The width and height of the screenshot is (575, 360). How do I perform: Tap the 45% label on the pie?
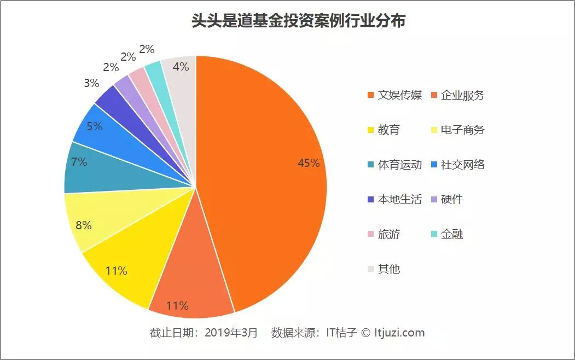click(x=308, y=163)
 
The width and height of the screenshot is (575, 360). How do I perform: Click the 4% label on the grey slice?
click(x=181, y=67)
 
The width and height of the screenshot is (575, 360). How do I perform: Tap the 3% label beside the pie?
click(x=91, y=83)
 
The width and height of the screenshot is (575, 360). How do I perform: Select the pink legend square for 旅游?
click(x=370, y=234)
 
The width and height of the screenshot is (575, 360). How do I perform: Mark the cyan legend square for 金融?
click(x=434, y=234)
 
